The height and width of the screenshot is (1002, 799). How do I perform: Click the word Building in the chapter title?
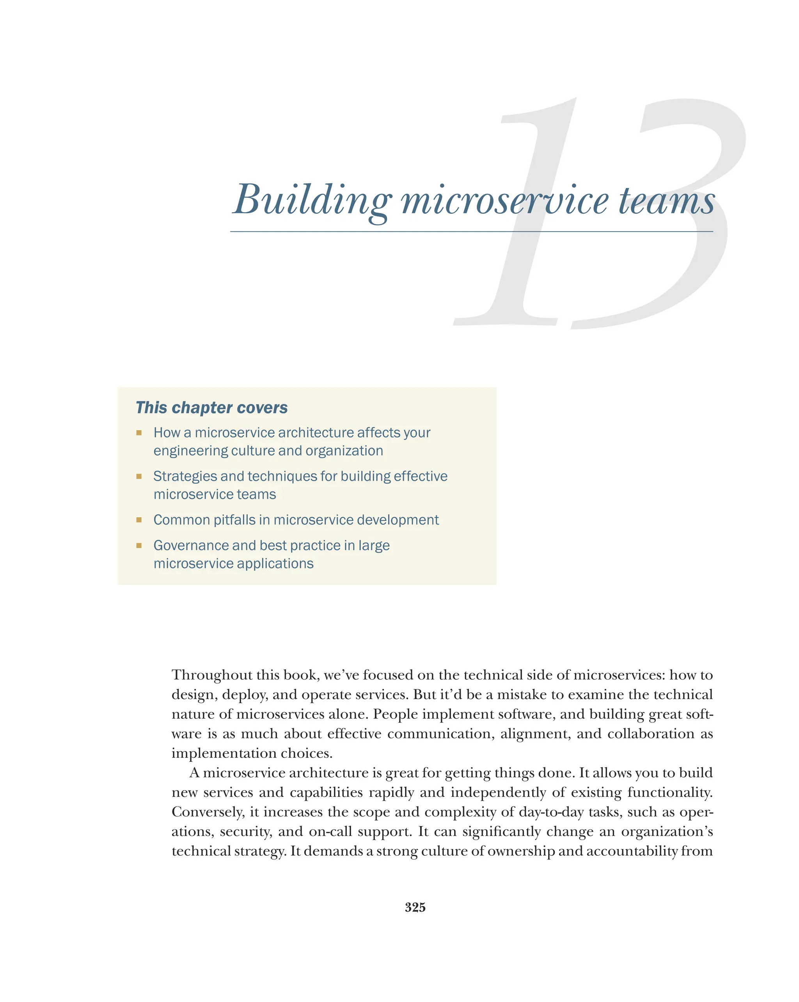pos(312,201)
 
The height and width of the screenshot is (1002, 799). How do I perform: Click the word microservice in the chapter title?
pos(504,201)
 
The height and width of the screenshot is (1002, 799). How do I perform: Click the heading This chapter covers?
pos(211,408)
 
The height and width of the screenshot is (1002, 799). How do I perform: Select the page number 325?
pos(415,907)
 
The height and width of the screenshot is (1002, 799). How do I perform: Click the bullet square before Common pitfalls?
pos(138,520)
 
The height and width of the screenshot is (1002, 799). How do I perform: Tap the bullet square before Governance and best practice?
pos(138,546)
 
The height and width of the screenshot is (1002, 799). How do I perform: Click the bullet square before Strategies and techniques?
pos(138,476)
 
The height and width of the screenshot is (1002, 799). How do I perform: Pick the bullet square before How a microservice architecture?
pos(138,433)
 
